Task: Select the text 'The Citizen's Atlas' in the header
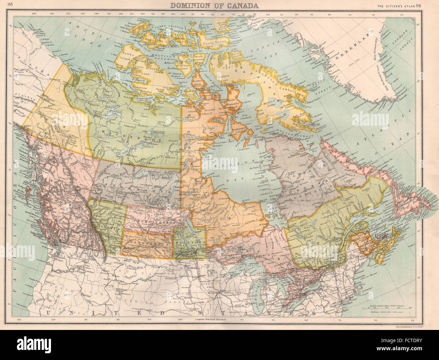pos(395,5)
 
